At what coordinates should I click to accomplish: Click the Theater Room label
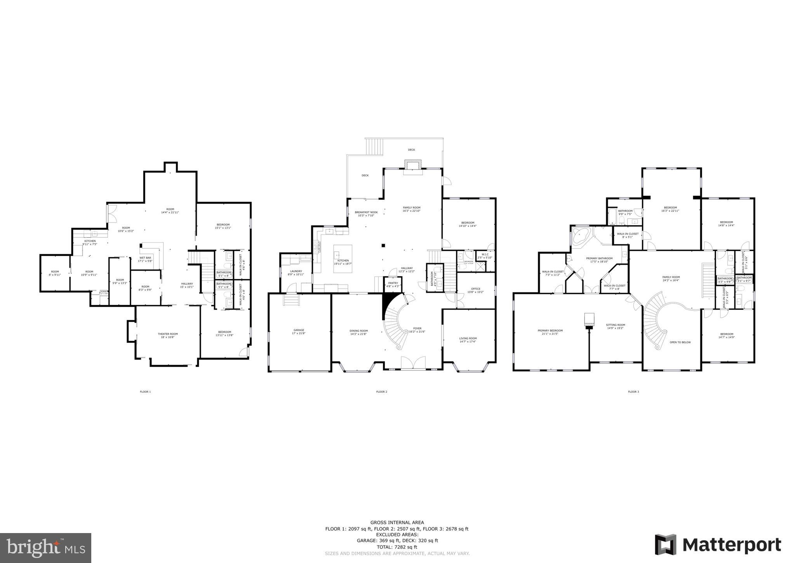pyautogui.click(x=168, y=334)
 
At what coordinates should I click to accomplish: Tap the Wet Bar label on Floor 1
pyautogui.click(x=145, y=258)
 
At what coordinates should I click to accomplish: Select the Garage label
pyautogui.click(x=298, y=330)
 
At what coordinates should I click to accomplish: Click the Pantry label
pyautogui.click(x=393, y=283)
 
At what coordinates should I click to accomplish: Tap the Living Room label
pyautogui.click(x=468, y=338)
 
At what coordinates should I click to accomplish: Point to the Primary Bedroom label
pyautogui.click(x=550, y=331)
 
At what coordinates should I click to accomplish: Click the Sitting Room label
pyautogui.click(x=616, y=325)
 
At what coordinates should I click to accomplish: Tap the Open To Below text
pyautogui.click(x=680, y=342)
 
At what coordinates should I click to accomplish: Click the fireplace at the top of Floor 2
pyautogui.click(x=412, y=165)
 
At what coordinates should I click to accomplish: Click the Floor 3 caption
pyautogui.click(x=633, y=392)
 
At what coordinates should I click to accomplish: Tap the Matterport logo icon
pyautogui.click(x=666, y=545)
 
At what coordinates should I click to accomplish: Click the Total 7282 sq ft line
pyautogui.click(x=397, y=547)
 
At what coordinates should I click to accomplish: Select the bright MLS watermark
pyautogui.click(x=45, y=548)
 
